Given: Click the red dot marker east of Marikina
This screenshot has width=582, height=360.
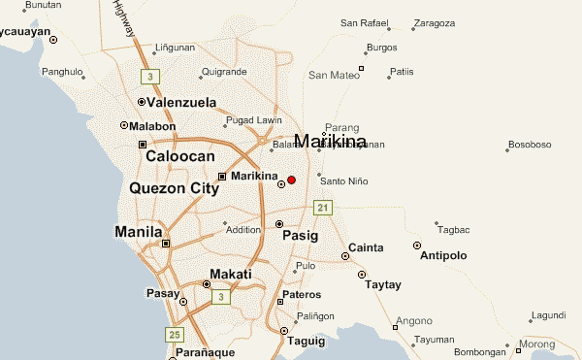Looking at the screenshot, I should pos(291,180).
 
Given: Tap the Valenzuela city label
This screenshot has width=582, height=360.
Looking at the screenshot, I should pos(180,102).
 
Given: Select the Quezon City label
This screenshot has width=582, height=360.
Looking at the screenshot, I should pos(174,188).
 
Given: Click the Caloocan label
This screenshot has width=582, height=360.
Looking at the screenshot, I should pos(179,155).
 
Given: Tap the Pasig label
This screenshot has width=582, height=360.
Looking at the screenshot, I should pos(300,235).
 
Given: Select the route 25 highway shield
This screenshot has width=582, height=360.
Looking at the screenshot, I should pos(175,335).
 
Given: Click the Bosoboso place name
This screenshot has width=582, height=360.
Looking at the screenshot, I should pos(532,145).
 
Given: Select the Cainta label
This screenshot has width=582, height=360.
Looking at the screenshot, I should pos(365,246).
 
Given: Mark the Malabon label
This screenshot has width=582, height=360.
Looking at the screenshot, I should pos(153,126).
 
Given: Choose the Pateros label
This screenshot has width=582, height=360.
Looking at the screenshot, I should pos(301,293).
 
